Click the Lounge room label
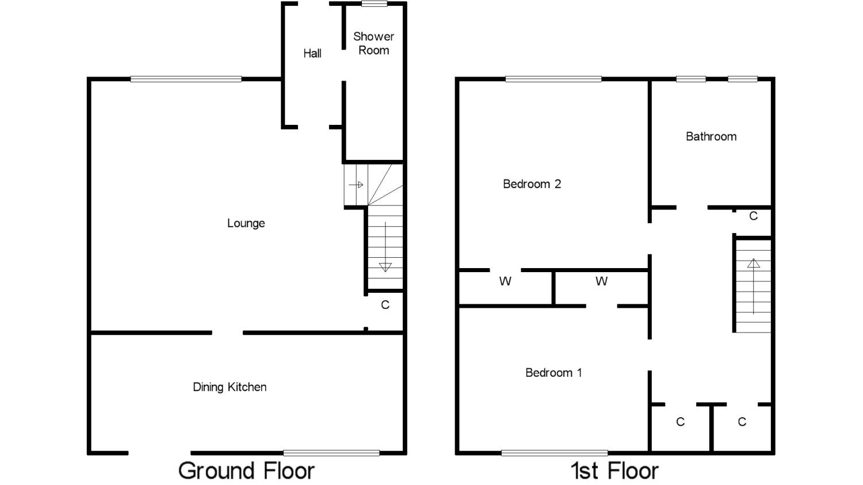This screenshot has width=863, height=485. coord(246,223)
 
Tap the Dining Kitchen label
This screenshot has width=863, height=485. coord(230,387)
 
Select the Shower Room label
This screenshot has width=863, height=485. coord(373,43)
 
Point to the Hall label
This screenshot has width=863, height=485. coord(312,53)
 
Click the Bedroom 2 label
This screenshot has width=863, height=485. coord(532,184)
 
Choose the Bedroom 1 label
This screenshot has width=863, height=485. coord(553,372)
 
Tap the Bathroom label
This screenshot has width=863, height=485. coord(711,136)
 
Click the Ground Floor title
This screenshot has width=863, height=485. coord(246,471)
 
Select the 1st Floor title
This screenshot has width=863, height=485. coord(614,471)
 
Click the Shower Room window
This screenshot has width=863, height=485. coord(374,4)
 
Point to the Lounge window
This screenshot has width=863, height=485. coord(186,79)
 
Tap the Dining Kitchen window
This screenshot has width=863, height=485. coord(331,453)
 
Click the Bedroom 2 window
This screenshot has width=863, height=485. coord(553,79)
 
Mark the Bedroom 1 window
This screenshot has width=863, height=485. coord(555,453)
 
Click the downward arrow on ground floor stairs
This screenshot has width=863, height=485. coord(385,247)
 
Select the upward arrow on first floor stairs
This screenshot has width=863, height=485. coord(754,286)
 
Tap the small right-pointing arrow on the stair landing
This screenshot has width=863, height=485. coord(356,185)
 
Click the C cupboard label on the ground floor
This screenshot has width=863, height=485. coord(385,305)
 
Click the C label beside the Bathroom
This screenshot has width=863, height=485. coord(753,216)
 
